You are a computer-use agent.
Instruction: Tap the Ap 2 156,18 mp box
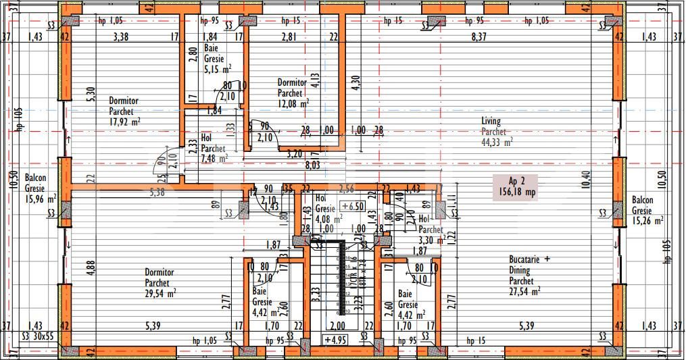(522, 186)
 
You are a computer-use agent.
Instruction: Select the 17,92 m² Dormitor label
(124, 111)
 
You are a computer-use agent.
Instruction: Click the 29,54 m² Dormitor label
(160, 283)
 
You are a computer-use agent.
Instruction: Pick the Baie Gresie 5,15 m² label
(217, 59)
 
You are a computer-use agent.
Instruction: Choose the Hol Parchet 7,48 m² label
(213, 148)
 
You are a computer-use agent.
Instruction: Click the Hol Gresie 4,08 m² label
(327, 209)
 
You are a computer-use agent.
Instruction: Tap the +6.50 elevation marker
(353, 205)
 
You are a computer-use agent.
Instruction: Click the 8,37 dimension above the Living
(478, 36)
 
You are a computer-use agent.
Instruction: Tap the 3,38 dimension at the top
(120, 36)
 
